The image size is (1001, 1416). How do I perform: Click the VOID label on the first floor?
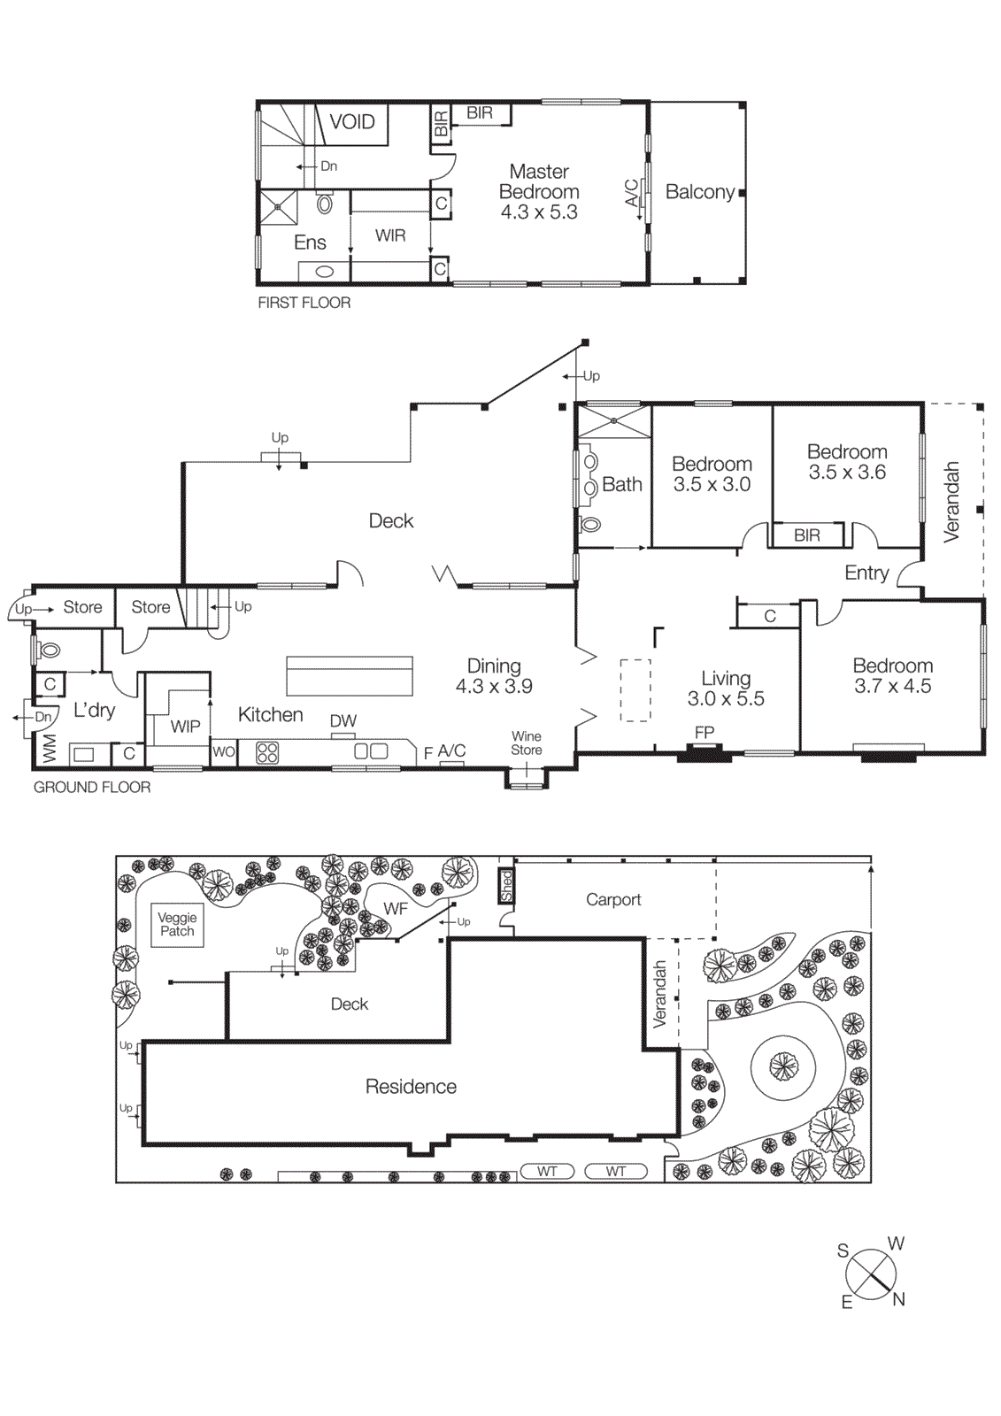coord(352,122)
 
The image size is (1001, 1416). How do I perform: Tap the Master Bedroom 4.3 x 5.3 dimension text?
coord(539,212)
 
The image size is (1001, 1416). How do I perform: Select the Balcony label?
coord(699,192)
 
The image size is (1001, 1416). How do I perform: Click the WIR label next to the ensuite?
coord(390,235)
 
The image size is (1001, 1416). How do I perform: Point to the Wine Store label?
coord(527,743)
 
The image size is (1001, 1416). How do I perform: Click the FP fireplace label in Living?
coord(705,732)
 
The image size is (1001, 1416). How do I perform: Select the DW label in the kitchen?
coord(343,721)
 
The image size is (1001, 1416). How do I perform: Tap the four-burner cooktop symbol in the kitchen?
coord(267,753)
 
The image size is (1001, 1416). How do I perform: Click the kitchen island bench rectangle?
coord(350,676)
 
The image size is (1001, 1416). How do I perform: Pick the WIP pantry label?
coord(185,727)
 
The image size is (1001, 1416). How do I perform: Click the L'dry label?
coord(94,710)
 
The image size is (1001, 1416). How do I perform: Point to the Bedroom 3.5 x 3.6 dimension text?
coord(847,473)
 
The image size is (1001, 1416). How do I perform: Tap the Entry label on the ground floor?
coord(866,573)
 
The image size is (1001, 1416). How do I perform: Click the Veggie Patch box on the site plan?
coord(177,925)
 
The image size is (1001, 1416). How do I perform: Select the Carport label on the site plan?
coord(613,899)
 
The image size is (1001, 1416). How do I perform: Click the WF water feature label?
coord(396,909)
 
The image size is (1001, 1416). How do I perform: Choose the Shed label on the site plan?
coord(506,885)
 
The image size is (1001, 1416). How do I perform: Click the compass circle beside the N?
coord(871,1274)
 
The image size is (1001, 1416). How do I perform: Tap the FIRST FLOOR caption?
coord(304,303)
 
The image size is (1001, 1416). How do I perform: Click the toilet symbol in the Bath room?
coord(589,524)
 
